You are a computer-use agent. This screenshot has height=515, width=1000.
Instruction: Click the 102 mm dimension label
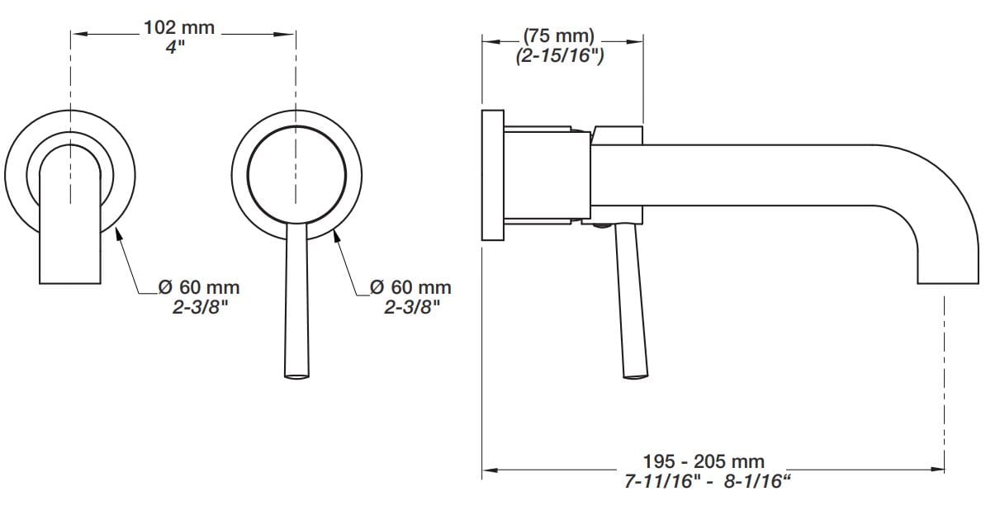coord(179,28)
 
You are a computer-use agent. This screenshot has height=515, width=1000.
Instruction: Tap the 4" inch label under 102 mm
coord(175,47)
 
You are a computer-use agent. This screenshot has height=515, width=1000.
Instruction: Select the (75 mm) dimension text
coord(559,35)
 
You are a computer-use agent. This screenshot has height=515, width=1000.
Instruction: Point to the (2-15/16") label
coord(560,56)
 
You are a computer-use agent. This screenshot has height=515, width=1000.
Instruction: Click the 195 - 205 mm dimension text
coord(704,461)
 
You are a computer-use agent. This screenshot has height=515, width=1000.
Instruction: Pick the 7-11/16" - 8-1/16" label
coord(707,481)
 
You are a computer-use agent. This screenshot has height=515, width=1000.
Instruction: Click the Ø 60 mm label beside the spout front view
coord(199,287)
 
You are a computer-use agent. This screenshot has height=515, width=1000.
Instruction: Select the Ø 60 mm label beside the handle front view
coord(410,287)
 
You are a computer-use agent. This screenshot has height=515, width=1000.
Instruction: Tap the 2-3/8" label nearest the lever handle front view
coord(412,307)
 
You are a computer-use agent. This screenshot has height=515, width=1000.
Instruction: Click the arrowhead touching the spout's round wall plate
coord(118,234)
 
